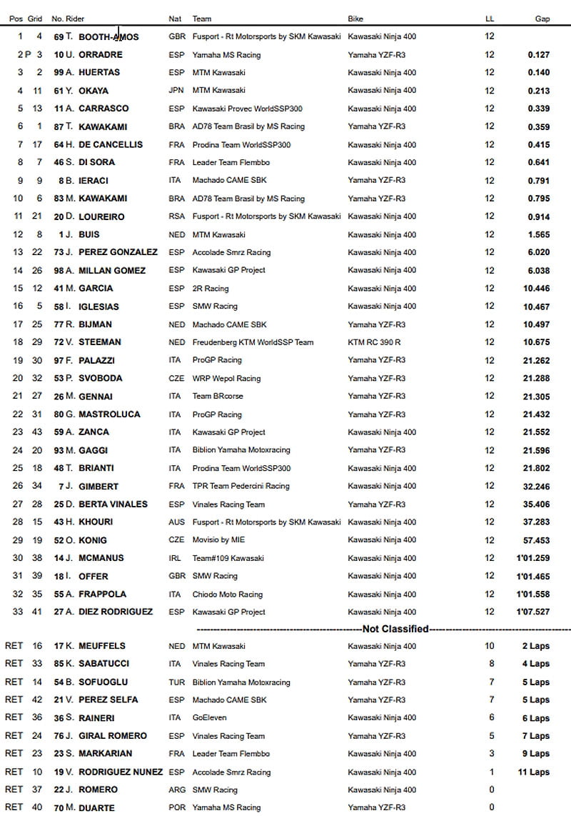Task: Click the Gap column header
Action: tap(542, 19)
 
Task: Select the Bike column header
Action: tap(356, 19)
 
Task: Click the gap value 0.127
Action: tap(539, 55)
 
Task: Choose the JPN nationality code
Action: tap(176, 91)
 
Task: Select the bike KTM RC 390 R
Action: tap(374, 342)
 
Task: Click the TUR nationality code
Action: tap(176, 682)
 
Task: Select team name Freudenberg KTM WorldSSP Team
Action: tap(253, 342)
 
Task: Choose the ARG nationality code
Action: tap(177, 790)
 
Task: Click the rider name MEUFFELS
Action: tap(107, 647)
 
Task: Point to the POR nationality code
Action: tap(177, 807)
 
